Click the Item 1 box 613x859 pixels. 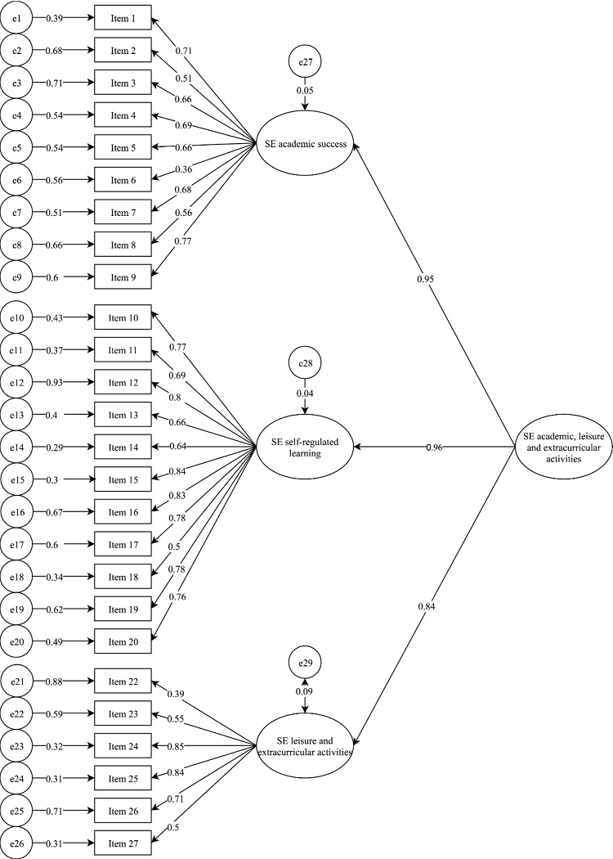tap(123, 18)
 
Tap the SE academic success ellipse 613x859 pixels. tap(306, 145)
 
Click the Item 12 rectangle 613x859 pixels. tap(123, 383)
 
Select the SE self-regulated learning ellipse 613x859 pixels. tap(306, 447)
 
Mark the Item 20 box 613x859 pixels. tap(123, 642)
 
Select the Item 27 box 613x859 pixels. tap(123, 842)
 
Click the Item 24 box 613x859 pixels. tap(123, 746)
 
